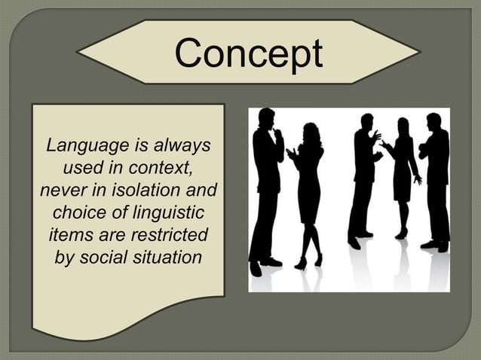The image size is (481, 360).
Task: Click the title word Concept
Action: (248, 53)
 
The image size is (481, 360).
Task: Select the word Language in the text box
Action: (79, 143)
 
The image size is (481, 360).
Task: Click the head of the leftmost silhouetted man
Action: (266, 118)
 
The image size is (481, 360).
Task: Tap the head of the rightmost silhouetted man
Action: (433, 121)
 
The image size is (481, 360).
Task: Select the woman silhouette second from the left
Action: (308, 188)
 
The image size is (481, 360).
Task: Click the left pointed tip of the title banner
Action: (80, 53)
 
